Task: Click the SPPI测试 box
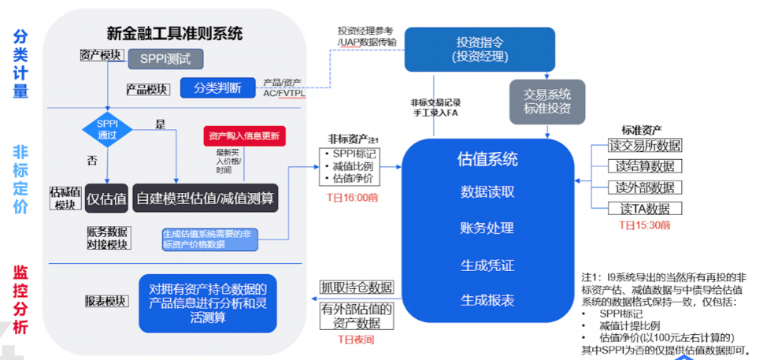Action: click(x=165, y=58)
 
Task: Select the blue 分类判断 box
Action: click(x=217, y=87)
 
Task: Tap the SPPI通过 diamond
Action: click(x=106, y=130)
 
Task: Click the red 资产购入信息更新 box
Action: click(x=244, y=135)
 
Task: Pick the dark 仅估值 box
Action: click(x=106, y=199)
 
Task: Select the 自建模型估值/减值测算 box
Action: click(x=205, y=199)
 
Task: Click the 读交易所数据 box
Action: click(x=645, y=146)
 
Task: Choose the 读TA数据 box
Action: click(x=645, y=208)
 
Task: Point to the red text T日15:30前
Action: click(x=645, y=225)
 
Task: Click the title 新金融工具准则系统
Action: click(x=175, y=32)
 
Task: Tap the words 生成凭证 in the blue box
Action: click(x=487, y=264)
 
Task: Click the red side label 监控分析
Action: click(x=20, y=299)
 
